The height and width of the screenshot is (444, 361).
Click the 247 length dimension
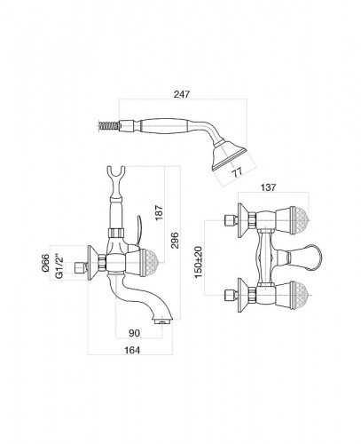[x=182, y=94]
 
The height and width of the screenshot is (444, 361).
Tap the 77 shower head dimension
[x=237, y=172]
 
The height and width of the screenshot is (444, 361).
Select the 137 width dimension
[x=269, y=187]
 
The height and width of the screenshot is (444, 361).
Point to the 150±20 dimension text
[x=199, y=262]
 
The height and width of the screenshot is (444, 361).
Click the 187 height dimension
[x=159, y=212]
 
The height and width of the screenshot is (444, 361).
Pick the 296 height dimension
[x=175, y=241]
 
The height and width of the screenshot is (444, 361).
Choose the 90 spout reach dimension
[x=134, y=333]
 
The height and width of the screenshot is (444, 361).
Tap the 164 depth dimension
[x=132, y=350]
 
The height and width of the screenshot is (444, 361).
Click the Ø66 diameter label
[x=45, y=263]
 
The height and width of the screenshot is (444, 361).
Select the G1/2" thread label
[x=59, y=266]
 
